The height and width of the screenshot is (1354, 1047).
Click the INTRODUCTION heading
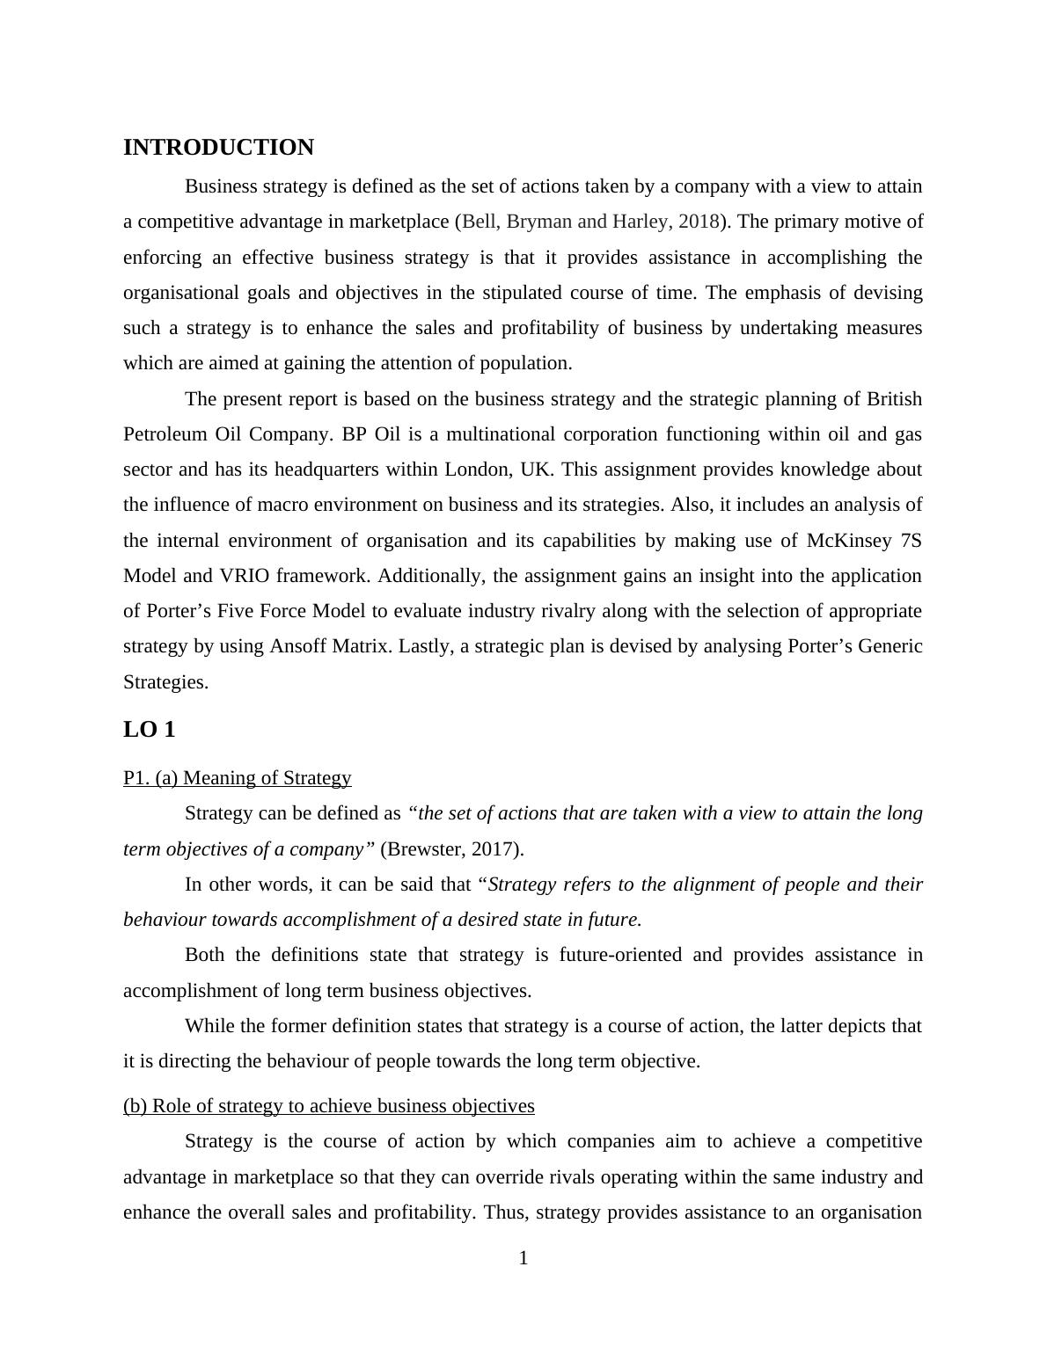tap(218, 148)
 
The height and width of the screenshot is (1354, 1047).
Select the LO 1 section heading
tap(150, 730)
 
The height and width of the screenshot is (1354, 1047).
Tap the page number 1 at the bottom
tap(523, 1258)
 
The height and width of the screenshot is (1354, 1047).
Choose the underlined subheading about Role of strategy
tap(329, 1105)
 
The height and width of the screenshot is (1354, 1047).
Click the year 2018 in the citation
tap(699, 222)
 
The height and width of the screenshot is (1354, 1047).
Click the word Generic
tap(890, 646)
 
